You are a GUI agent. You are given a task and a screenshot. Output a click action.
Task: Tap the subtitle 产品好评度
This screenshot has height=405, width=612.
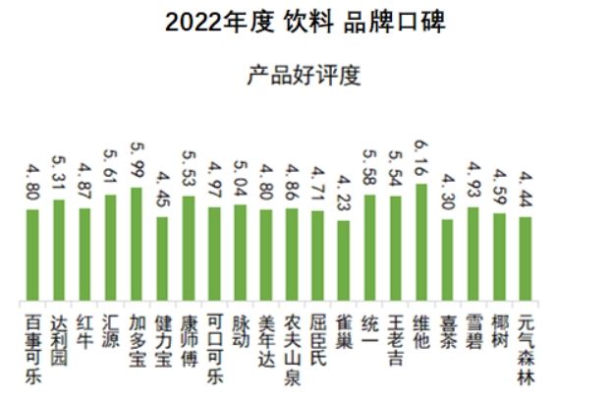[305, 76]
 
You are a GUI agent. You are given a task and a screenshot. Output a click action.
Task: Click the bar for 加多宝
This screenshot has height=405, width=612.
[137, 245]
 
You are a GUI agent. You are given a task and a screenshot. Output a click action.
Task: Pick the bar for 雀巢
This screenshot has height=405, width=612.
[343, 261]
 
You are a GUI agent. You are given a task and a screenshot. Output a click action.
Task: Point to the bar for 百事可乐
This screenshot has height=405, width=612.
[32, 256]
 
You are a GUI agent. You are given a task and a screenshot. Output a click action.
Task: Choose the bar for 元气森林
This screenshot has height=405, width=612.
[526, 260]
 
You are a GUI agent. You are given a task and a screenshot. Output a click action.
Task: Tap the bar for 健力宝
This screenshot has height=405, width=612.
[162, 260]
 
